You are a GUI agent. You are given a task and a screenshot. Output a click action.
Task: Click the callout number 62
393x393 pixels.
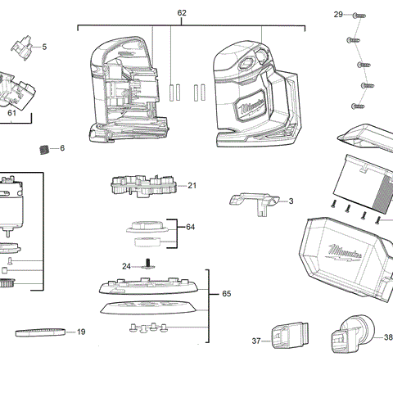point(182,13)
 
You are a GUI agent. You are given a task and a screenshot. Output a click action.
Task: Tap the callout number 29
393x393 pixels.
point(337,15)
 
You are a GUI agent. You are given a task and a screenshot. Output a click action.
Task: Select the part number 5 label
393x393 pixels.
point(44,47)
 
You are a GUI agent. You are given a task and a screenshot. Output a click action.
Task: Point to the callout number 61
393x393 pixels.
point(12,115)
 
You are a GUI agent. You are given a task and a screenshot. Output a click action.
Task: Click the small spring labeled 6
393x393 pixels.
point(44,148)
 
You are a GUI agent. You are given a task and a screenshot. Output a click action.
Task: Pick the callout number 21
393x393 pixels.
point(192,186)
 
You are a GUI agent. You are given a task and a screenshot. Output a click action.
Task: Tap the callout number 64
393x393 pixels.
point(190,227)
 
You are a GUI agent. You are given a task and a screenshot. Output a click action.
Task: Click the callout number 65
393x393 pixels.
point(226,293)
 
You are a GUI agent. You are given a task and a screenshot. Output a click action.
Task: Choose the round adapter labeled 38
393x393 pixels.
point(350,337)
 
